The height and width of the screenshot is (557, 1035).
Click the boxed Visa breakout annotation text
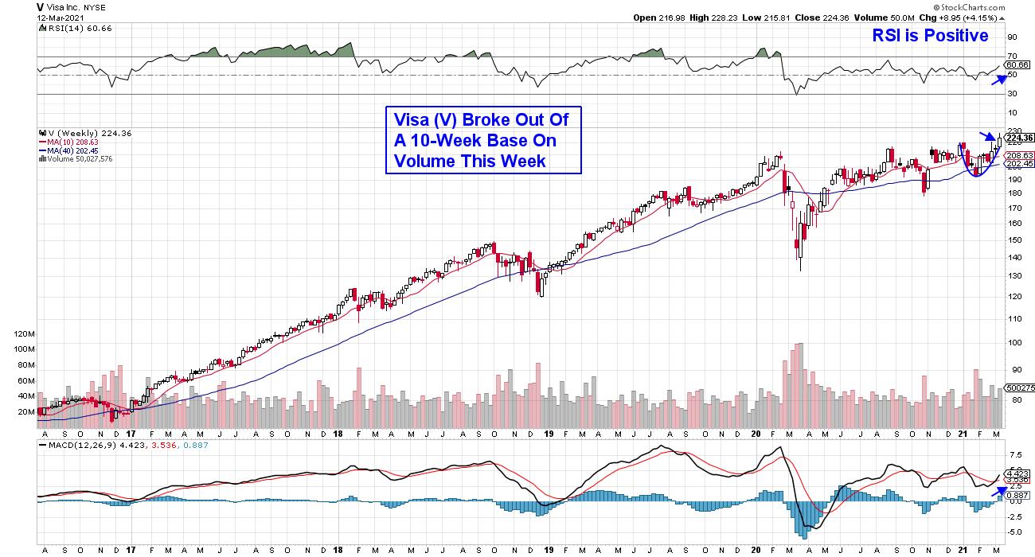[x=483, y=140]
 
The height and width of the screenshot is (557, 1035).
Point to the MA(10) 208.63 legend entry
[x=68, y=142]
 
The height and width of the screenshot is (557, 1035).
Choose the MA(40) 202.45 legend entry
[x=68, y=151]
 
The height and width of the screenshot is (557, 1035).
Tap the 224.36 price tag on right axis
[x=1019, y=137]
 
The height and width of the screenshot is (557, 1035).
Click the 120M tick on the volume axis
[x=25, y=335]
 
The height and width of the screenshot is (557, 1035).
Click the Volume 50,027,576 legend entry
[x=75, y=159]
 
